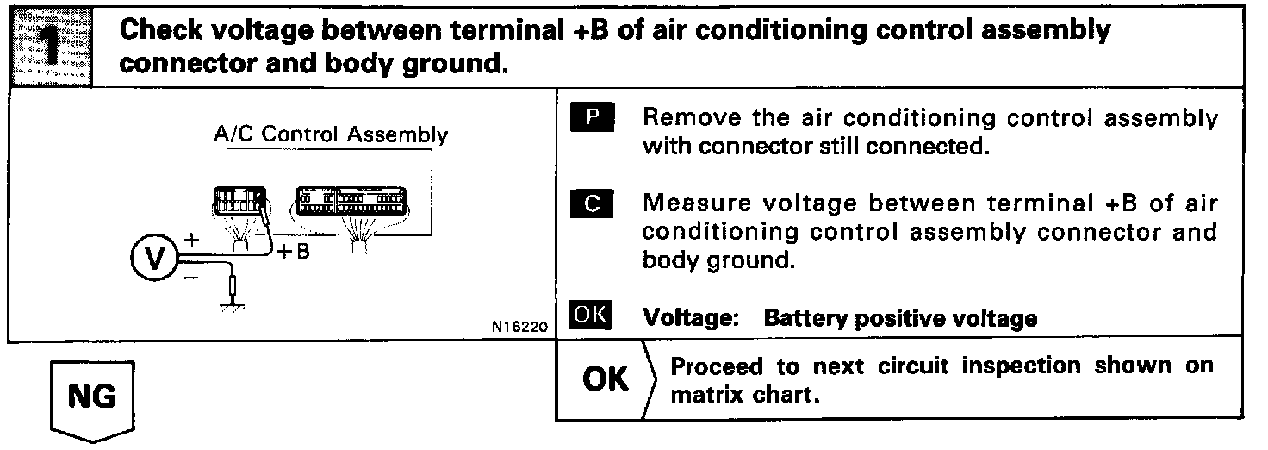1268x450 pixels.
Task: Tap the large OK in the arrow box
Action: (x=606, y=379)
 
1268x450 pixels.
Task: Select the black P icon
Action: (x=590, y=118)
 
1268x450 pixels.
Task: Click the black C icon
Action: (x=590, y=204)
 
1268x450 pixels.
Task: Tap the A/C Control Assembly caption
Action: (x=330, y=135)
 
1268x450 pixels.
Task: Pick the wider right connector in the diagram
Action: (x=352, y=203)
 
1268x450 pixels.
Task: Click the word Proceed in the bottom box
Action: (x=717, y=366)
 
